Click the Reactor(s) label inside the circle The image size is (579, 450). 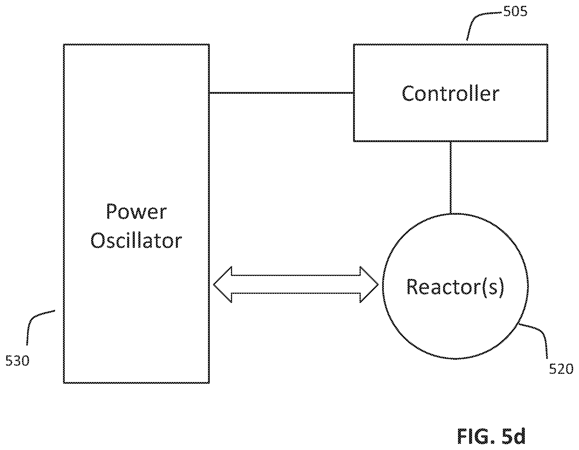click(x=455, y=287)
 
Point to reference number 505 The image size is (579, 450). click(x=515, y=11)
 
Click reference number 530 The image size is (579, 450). click(x=18, y=361)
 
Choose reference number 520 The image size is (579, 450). click(x=561, y=369)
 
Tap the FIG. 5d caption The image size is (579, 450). click(x=491, y=436)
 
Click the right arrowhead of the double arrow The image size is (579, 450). click(x=369, y=284)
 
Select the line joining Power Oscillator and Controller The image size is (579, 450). click(x=282, y=93)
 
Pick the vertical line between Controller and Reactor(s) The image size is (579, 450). click(x=450, y=177)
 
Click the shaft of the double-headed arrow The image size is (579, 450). click(x=296, y=284)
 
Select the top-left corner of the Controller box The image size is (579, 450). click(x=354, y=45)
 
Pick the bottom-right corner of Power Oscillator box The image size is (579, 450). click(x=209, y=383)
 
